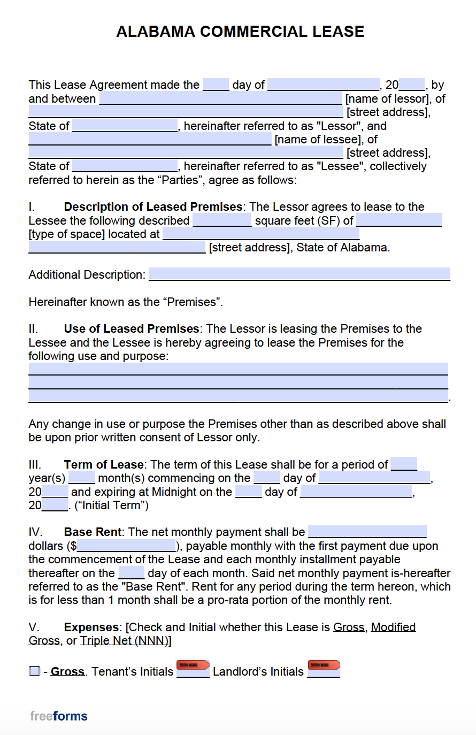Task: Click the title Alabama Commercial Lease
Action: click(240, 32)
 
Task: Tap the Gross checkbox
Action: click(35, 671)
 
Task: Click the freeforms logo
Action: click(59, 716)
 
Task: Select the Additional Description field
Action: click(299, 274)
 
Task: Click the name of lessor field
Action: click(220, 98)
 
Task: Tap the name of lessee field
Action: click(150, 139)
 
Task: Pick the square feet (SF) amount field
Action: click(222, 220)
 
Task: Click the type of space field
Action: click(398, 220)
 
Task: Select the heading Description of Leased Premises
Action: click(153, 207)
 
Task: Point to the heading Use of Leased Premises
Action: click(132, 329)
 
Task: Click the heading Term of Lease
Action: click(104, 465)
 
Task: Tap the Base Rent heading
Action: click(93, 532)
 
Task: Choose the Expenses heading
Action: click(91, 627)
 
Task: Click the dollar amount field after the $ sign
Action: click(126, 546)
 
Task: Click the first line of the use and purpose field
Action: click(238, 369)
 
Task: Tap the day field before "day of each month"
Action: click(131, 573)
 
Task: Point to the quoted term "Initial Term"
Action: click(112, 506)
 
